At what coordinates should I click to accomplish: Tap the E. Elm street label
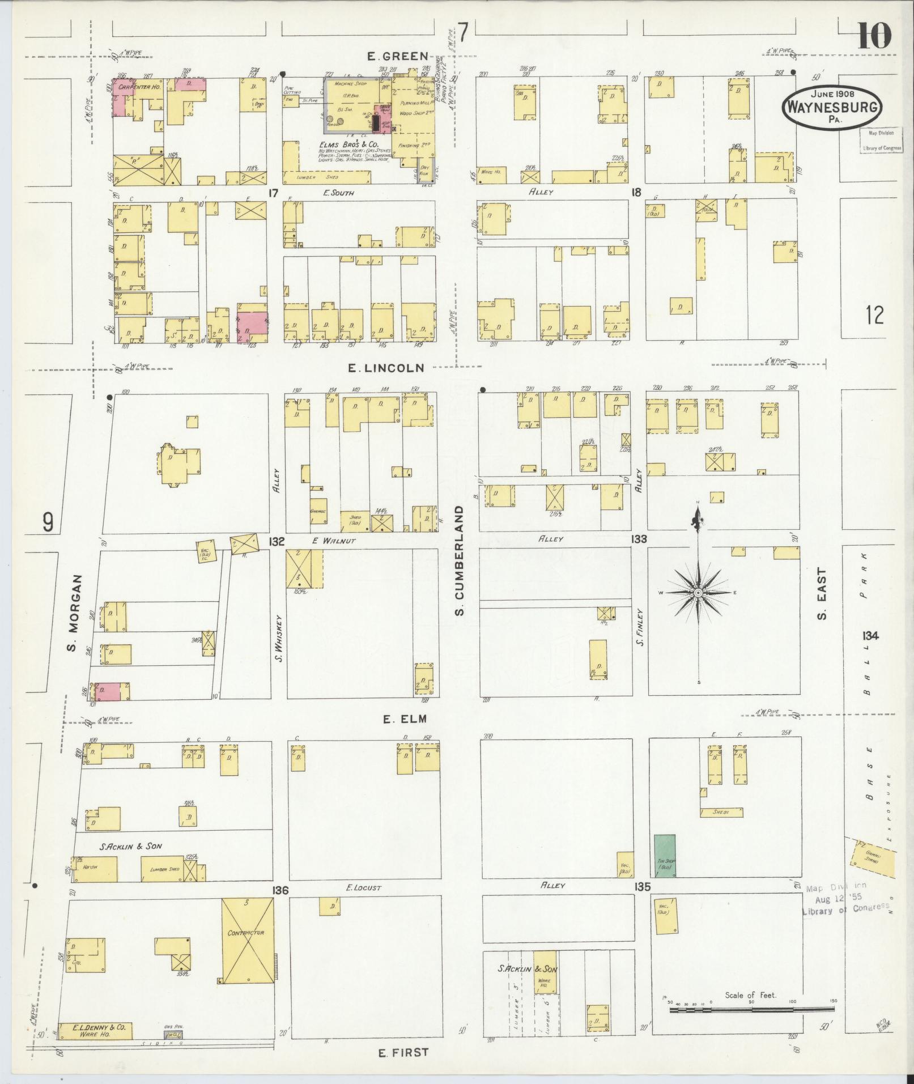pos(404,719)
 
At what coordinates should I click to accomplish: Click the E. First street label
pos(403,1053)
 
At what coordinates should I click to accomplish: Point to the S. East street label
pos(822,594)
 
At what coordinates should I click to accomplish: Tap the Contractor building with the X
pos(247,941)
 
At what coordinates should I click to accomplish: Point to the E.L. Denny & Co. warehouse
pos(95,1030)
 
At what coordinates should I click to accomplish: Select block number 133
pos(639,539)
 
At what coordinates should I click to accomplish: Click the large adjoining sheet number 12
pos(874,314)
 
